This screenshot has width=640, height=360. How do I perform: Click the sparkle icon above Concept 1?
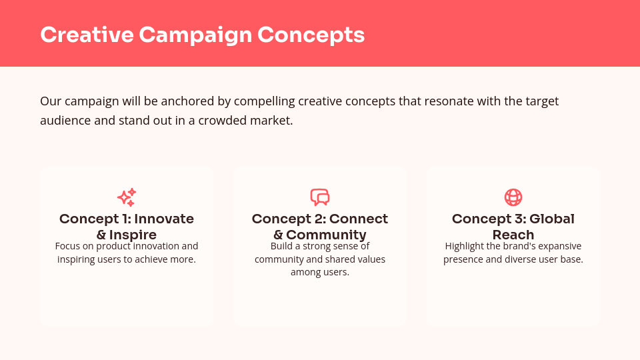click(x=127, y=197)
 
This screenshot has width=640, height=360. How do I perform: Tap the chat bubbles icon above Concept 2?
click(x=320, y=197)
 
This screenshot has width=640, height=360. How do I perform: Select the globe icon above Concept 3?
click(x=513, y=197)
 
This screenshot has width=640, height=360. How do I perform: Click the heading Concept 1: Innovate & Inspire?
click(x=127, y=227)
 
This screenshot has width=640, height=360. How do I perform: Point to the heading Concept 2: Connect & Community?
click(x=320, y=227)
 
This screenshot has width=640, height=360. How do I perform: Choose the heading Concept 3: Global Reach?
click(x=513, y=227)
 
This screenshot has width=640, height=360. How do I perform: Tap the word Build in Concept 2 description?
click(x=282, y=246)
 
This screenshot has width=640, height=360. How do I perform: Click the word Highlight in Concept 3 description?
click(x=465, y=246)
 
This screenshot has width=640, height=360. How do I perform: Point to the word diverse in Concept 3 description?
click(x=515, y=259)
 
